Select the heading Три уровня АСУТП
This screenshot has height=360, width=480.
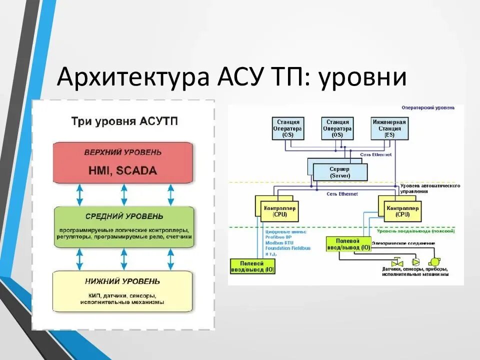tap(124, 121)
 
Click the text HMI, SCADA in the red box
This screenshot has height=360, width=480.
tap(123, 170)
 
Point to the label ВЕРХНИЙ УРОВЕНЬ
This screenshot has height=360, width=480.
tap(123, 152)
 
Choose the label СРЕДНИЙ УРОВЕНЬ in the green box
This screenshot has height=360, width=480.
tap(123, 216)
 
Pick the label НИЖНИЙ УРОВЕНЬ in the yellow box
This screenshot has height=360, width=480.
tap(123, 281)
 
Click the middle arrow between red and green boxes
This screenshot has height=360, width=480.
tap(123, 195)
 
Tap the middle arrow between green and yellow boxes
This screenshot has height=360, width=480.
tap(123, 259)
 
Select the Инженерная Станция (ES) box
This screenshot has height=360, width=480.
tap(389, 128)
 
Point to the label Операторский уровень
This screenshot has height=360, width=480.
tap(428, 107)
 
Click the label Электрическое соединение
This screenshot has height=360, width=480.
tap(403, 243)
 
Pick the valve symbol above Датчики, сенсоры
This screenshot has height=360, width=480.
tap(397, 262)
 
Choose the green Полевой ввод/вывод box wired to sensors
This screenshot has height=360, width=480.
tap(347, 244)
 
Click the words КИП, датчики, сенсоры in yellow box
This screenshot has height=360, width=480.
tap(123, 295)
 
